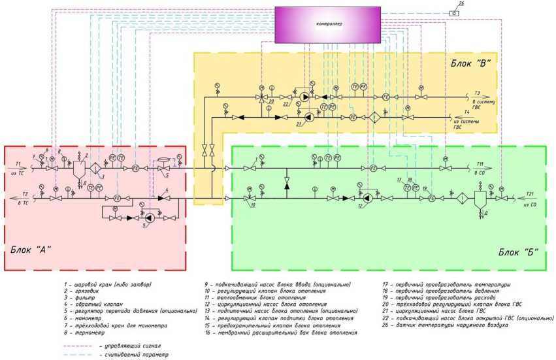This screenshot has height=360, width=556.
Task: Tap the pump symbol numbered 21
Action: pos(310,118)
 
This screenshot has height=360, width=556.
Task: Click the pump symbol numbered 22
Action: pos(305,97)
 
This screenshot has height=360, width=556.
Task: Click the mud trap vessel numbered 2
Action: pos(78,171)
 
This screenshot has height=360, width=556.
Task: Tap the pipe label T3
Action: pos(478,93)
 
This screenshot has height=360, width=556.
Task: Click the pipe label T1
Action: pos(18,163)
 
